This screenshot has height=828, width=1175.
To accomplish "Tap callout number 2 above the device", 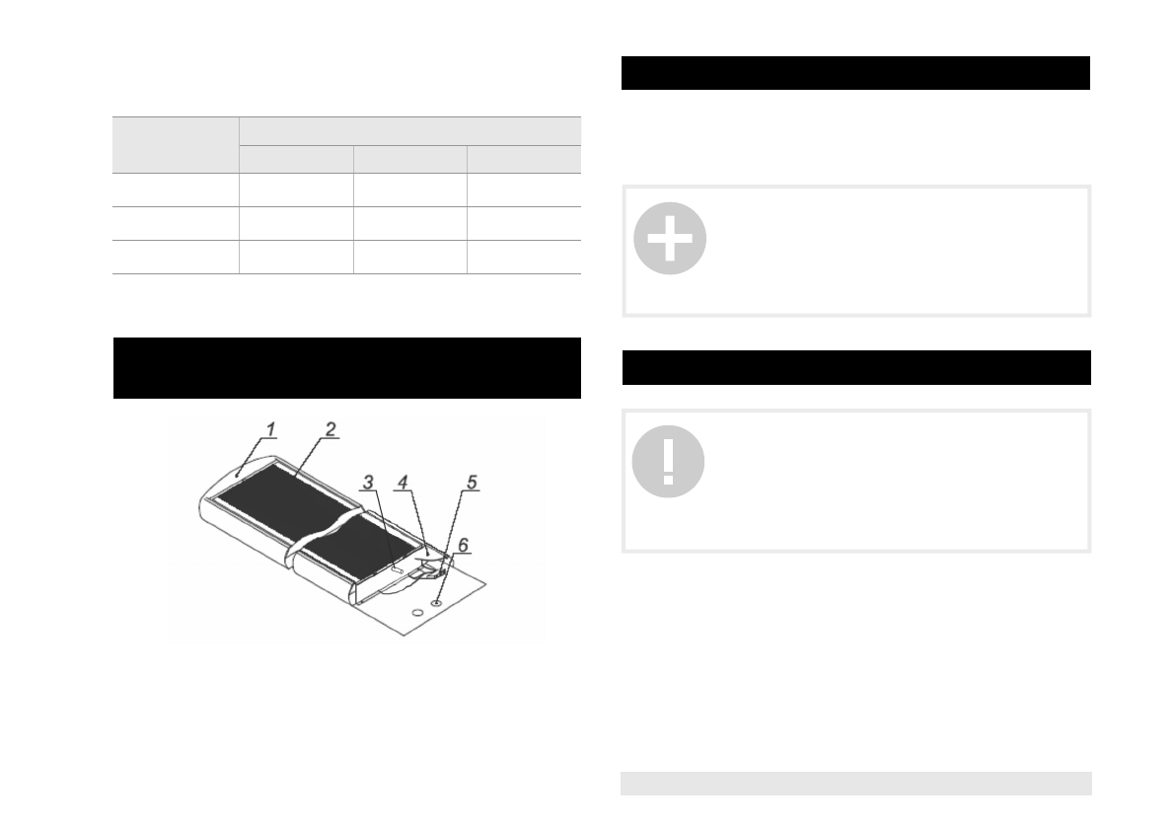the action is pos(330,428).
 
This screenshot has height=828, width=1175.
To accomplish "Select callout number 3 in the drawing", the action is pos(367,483).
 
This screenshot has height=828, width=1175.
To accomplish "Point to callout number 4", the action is pos(403,482).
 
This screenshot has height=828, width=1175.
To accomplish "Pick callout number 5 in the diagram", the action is pos(472,482).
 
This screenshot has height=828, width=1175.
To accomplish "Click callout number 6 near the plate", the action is pos(463,545).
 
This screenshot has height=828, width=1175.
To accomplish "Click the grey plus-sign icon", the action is pos(670,238).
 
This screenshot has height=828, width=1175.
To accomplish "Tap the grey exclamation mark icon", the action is pos(669,462).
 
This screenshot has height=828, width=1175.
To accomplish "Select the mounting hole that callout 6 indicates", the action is pos(436,602).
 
